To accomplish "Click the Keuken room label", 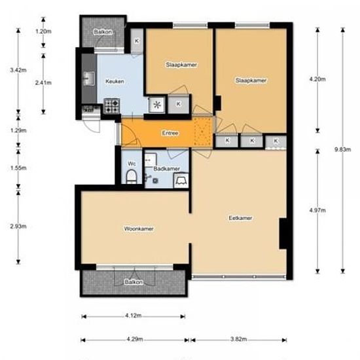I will click(x=115, y=81).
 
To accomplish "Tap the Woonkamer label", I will click(x=138, y=228).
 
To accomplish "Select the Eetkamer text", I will click(x=240, y=218).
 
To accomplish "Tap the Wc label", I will click(x=131, y=163).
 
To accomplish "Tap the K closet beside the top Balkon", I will click(x=136, y=41).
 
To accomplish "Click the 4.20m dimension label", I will click(x=317, y=80).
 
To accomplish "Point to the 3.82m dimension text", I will click(x=239, y=340).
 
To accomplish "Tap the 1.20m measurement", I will click(x=43, y=31).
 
